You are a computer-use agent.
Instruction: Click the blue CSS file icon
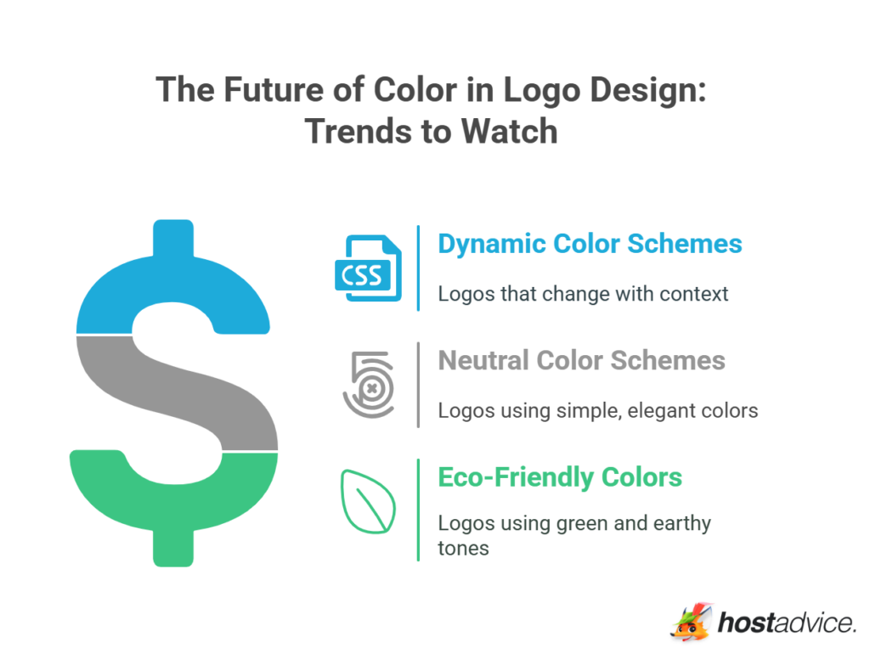368,268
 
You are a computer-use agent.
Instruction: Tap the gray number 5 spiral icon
369,384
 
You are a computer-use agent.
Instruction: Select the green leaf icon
368,500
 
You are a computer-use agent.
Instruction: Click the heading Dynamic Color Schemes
590,244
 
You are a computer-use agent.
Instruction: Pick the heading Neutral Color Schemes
581,360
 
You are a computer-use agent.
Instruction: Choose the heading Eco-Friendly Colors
559,477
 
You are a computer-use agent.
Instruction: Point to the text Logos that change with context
583,294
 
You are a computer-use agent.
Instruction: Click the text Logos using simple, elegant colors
597,411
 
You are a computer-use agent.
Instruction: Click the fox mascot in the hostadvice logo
690,622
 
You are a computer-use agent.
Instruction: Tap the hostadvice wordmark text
786,623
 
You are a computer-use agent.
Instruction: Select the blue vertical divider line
419,268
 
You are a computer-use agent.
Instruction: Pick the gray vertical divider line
419,384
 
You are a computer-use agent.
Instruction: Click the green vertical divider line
419,510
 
